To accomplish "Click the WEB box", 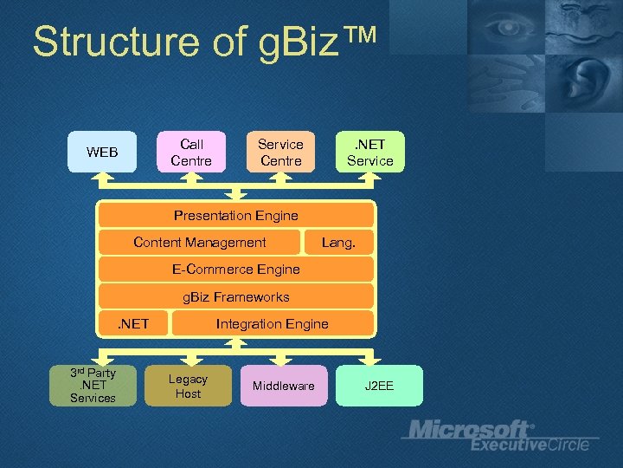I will pos(102,153).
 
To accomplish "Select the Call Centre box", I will pos(191,153).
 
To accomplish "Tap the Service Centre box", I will pos(280,153).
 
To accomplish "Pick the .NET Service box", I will pos(369,153).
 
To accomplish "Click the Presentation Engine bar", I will pos(236,215).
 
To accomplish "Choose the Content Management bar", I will pos(200,243).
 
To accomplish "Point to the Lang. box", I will pos(338,243).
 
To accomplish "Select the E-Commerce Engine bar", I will pos(236,270).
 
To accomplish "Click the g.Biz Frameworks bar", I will pos(236,297).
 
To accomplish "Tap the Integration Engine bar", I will pos(273,324).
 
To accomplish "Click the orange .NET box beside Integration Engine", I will pos(133,324).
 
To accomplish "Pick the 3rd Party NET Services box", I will pos(93,386).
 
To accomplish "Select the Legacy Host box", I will pos(188,386).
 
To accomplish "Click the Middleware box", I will pos(283,386).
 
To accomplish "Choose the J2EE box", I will pos(379,386).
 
